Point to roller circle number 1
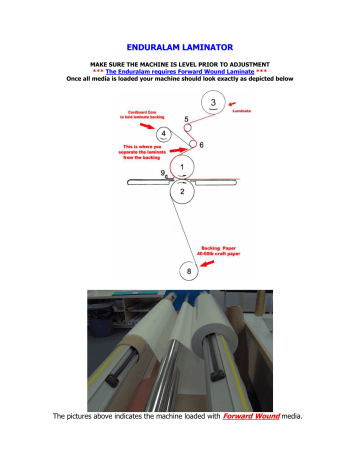pyautogui.click(x=181, y=166)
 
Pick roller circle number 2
pyautogui.click(x=182, y=192)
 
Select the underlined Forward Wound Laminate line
pyautogui.click(x=180, y=72)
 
